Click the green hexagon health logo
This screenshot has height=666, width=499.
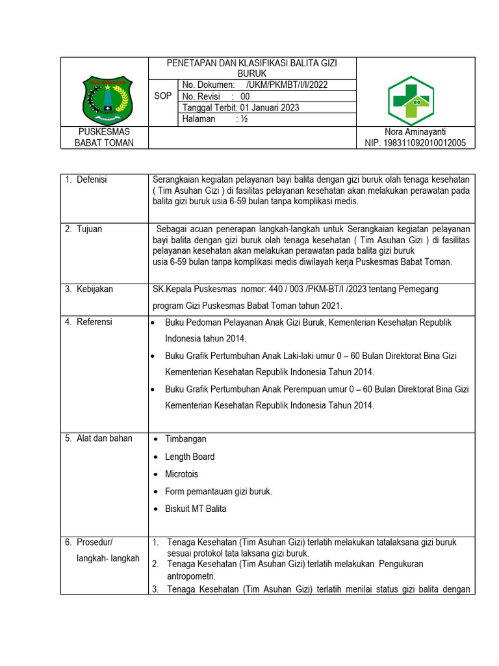411,100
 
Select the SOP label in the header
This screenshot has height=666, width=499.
163,96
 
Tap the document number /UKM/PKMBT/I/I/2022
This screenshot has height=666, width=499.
287,85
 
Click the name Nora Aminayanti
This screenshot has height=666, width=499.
415,132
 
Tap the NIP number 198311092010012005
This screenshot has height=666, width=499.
415,143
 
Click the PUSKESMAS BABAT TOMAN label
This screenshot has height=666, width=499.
104,137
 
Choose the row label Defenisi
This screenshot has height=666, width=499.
92,180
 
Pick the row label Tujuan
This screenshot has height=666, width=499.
89,229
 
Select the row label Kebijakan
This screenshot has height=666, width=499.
94,289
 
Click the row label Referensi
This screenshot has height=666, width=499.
94,322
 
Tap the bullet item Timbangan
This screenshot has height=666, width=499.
185,439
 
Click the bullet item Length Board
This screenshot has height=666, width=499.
190,457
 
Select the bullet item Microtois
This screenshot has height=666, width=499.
182,474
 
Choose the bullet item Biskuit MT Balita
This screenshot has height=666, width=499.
196,509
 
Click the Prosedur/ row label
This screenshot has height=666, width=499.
95,542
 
